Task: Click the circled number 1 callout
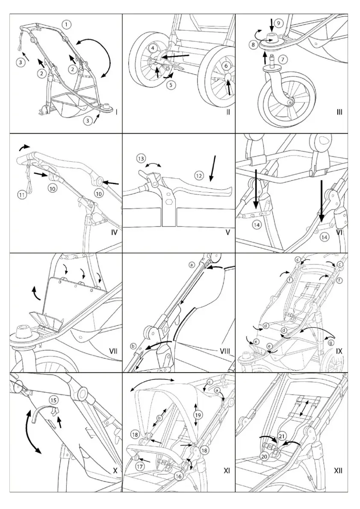click(66, 25)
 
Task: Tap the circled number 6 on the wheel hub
click(226, 66)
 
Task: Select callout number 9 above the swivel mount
click(277, 23)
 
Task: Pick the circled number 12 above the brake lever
click(198, 175)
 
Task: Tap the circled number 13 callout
click(141, 159)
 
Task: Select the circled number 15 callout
click(53, 400)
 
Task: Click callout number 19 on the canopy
click(197, 415)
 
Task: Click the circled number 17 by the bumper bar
click(139, 467)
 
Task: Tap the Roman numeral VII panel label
click(113, 351)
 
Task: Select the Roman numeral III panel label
click(339, 112)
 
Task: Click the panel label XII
click(338, 471)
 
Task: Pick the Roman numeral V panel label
click(228, 232)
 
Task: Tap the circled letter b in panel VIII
click(133, 346)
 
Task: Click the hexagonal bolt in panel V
click(169, 200)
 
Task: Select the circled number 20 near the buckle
click(264, 456)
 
